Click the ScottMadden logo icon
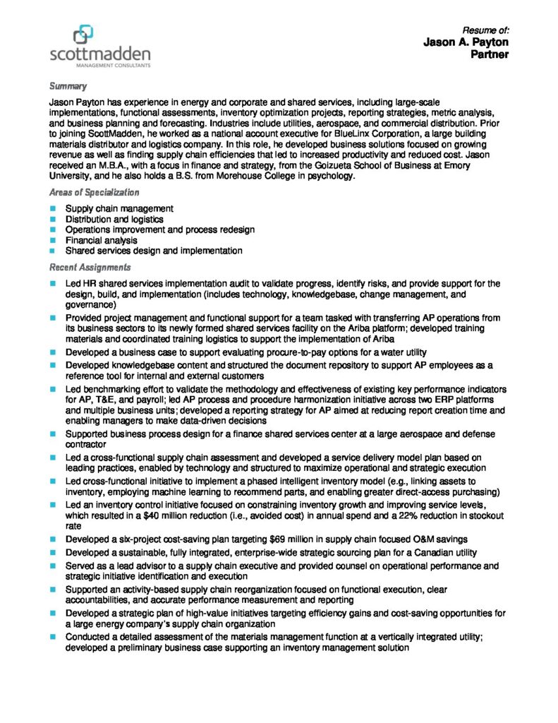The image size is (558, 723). tap(83, 32)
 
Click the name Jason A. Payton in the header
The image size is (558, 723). tap(466, 42)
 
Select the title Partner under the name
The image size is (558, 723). tap(490, 54)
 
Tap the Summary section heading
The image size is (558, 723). tap(68, 86)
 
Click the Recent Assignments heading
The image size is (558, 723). tap(90, 268)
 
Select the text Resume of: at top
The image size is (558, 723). tap(485, 30)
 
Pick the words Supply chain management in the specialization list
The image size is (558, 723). tap(119, 209)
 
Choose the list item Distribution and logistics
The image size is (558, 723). tap(114, 220)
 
